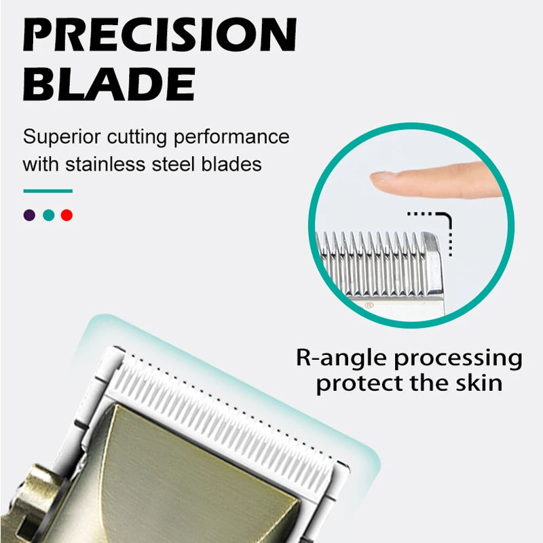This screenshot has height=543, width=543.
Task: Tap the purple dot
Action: pos(29,215)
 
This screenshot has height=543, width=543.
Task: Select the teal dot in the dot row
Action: pos(48,215)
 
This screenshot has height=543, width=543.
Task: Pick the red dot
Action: pos(67,215)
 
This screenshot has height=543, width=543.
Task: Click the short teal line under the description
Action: pos(48,191)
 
